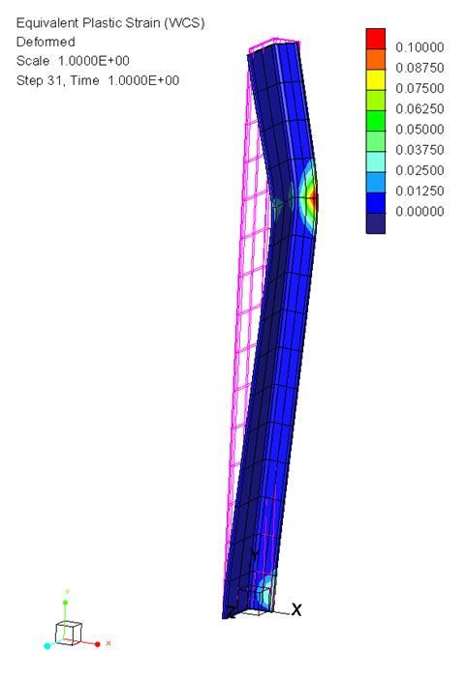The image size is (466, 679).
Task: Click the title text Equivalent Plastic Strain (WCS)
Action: [x=110, y=23]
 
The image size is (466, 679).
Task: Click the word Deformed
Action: [x=46, y=42]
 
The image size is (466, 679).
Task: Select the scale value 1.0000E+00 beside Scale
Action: [x=94, y=61]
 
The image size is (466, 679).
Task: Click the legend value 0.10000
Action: [x=419, y=47]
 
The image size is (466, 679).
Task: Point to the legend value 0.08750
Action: [x=419, y=68]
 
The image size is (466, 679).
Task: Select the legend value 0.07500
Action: [x=419, y=88]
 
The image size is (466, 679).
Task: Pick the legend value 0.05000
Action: [x=419, y=129]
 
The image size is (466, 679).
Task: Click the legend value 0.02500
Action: [x=419, y=170]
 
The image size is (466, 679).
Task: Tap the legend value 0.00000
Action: [x=419, y=211]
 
